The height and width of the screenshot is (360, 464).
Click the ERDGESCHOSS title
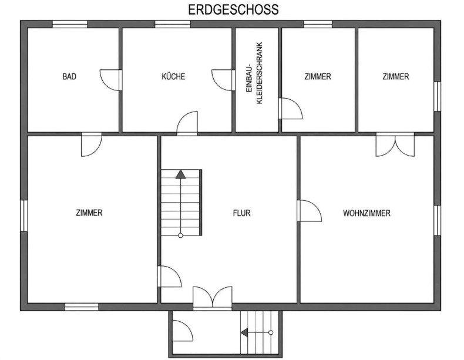[233, 9]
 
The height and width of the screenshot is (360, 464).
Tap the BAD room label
[69, 76]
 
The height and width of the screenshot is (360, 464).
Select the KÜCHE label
[173, 76]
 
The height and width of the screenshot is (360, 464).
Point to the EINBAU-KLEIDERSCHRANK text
[255, 73]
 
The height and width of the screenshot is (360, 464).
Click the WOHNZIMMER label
[367, 213]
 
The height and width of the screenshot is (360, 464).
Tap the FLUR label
[242, 213]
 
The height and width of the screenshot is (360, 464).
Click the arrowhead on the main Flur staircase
[180, 174]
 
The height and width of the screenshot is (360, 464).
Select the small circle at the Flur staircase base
[180, 235]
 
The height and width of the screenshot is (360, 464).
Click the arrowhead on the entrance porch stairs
[244, 332]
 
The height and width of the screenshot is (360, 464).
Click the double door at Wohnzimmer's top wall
[395, 144]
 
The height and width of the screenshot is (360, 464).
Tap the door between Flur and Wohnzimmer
[309, 211]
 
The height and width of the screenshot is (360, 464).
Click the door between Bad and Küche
[111, 80]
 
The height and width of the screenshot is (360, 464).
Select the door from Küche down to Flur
[187, 123]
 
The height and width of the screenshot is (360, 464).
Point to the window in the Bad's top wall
[70, 24]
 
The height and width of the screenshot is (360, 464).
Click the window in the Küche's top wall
[173, 24]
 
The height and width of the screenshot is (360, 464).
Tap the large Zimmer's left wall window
[24, 216]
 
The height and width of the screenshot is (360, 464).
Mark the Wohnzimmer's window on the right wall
[437, 220]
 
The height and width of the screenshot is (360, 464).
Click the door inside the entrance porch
[183, 331]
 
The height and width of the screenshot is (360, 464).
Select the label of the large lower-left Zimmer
[89, 213]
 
